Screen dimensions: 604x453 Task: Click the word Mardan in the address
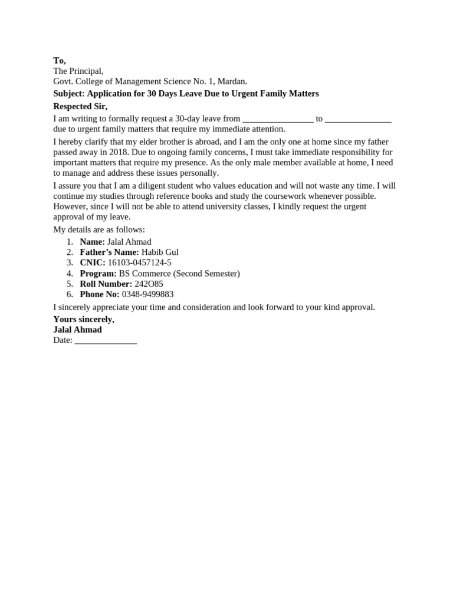[x=232, y=81]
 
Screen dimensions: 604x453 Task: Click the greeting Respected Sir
[x=80, y=106]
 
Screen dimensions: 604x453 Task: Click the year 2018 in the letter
[x=119, y=152]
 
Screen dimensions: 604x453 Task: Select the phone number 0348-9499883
[x=147, y=294]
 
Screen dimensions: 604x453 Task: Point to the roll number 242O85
[x=149, y=284]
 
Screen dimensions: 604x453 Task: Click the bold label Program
[x=98, y=273]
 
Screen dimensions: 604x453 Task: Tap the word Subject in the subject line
[x=69, y=93]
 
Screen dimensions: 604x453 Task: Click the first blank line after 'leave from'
[x=278, y=119]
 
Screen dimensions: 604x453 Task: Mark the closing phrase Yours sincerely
[x=84, y=319]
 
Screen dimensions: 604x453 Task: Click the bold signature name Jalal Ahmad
[x=77, y=330]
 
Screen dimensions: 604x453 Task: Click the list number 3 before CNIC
[x=70, y=262]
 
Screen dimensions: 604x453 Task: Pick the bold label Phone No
[x=100, y=294]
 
